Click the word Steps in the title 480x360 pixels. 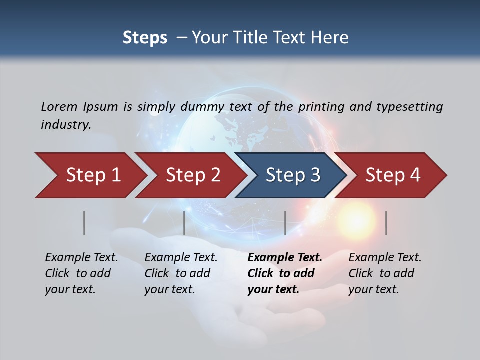145,38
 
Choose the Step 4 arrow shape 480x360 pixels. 393,175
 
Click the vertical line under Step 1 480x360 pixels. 84,223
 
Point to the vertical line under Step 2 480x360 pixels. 184,223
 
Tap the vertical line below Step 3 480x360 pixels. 285,223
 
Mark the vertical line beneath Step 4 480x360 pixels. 386,223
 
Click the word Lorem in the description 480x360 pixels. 59,106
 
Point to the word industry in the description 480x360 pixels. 66,125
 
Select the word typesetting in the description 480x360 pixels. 409,106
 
